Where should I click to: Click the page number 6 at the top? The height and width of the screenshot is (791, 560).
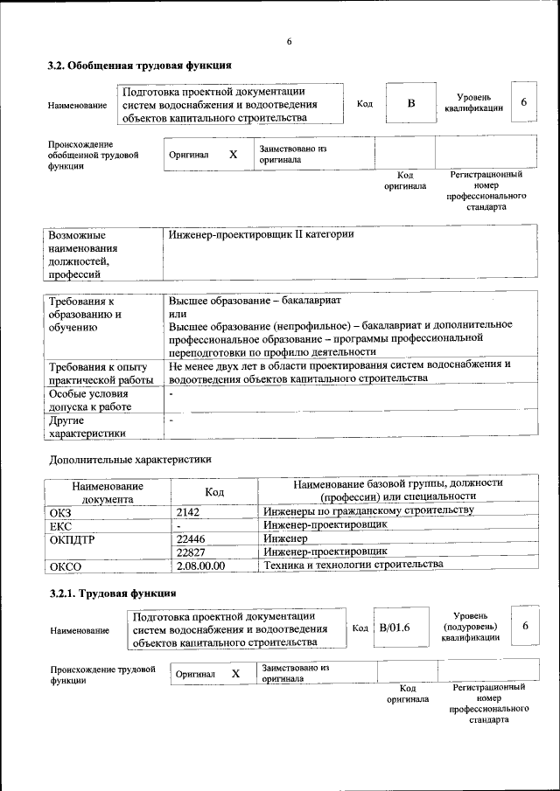pos(289,42)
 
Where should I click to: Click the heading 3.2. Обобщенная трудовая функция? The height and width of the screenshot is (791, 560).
pos(139,66)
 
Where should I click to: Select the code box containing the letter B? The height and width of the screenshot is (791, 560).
pos(411,104)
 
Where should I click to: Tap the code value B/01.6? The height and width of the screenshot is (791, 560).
pos(395,628)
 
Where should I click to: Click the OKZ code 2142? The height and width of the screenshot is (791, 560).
pos(188,510)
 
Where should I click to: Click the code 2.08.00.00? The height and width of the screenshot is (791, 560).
pos(200,565)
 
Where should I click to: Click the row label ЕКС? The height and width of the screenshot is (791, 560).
pos(60,525)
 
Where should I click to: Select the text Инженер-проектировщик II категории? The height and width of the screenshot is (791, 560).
pos(261,235)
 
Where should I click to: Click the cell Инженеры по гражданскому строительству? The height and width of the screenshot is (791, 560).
pos(368,510)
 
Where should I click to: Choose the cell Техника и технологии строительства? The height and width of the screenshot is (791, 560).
pos(353,565)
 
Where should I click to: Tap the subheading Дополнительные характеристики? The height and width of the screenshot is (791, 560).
pos(130,459)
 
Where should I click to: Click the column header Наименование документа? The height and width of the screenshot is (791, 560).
pos(108,492)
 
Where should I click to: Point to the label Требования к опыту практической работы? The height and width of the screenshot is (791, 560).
pos(98,372)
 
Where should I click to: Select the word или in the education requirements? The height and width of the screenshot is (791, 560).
pos(178,313)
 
